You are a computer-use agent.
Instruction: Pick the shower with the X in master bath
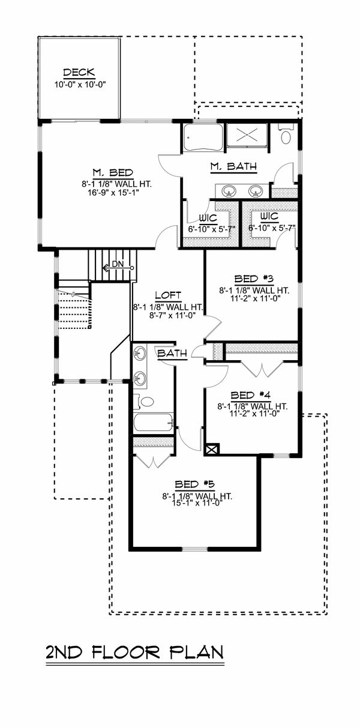247,135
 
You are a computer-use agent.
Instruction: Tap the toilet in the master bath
286,135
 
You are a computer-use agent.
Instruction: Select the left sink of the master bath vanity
229,192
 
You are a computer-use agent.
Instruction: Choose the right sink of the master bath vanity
257,192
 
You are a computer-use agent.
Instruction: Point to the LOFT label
168,295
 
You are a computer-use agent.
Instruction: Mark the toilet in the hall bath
144,401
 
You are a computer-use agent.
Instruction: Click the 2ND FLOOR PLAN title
134,653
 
